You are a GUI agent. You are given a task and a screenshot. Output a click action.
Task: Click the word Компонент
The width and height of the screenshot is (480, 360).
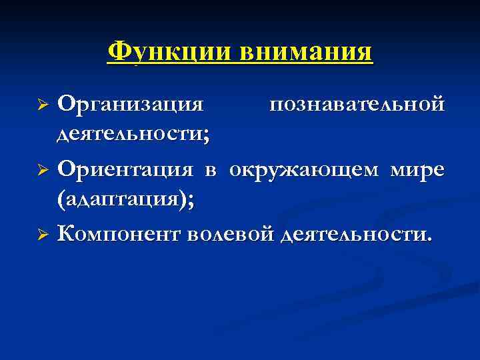tap(119, 234)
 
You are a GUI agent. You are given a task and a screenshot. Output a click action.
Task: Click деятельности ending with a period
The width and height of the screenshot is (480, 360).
tap(354, 234)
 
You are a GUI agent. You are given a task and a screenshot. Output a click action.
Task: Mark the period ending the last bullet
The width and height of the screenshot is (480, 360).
tap(429, 241)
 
